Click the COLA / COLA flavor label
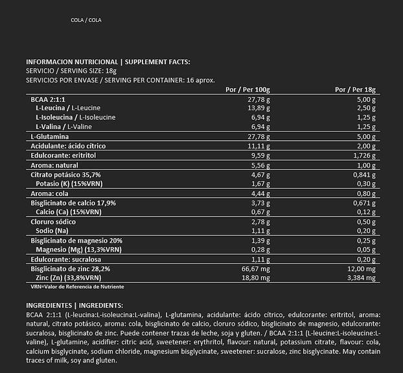coord(86,20)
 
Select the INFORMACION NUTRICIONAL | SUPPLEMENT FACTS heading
coord(108,62)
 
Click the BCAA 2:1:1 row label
coord(49,99)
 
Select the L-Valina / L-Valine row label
coord(72,126)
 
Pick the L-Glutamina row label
coord(51,137)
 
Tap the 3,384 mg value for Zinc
coord(363,278)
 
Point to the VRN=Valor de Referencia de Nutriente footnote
coord(77,286)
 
